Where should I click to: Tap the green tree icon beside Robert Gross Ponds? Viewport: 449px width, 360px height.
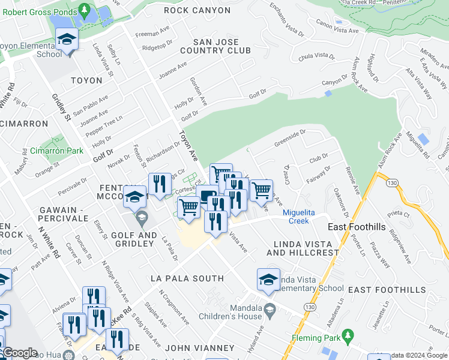pyautogui.click(x=85, y=10)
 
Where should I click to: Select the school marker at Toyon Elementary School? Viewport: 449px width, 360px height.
pyautogui.click(x=66, y=40)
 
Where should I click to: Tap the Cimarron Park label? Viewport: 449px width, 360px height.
pyautogui.click(x=56, y=151)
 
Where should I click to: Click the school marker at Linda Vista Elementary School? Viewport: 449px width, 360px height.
pyautogui.click(x=269, y=280)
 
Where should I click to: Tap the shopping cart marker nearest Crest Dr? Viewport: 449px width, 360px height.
pyautogui.click(x=261, y=191)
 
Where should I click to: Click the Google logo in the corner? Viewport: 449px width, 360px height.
pyautogui.click(x=20, y=353)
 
